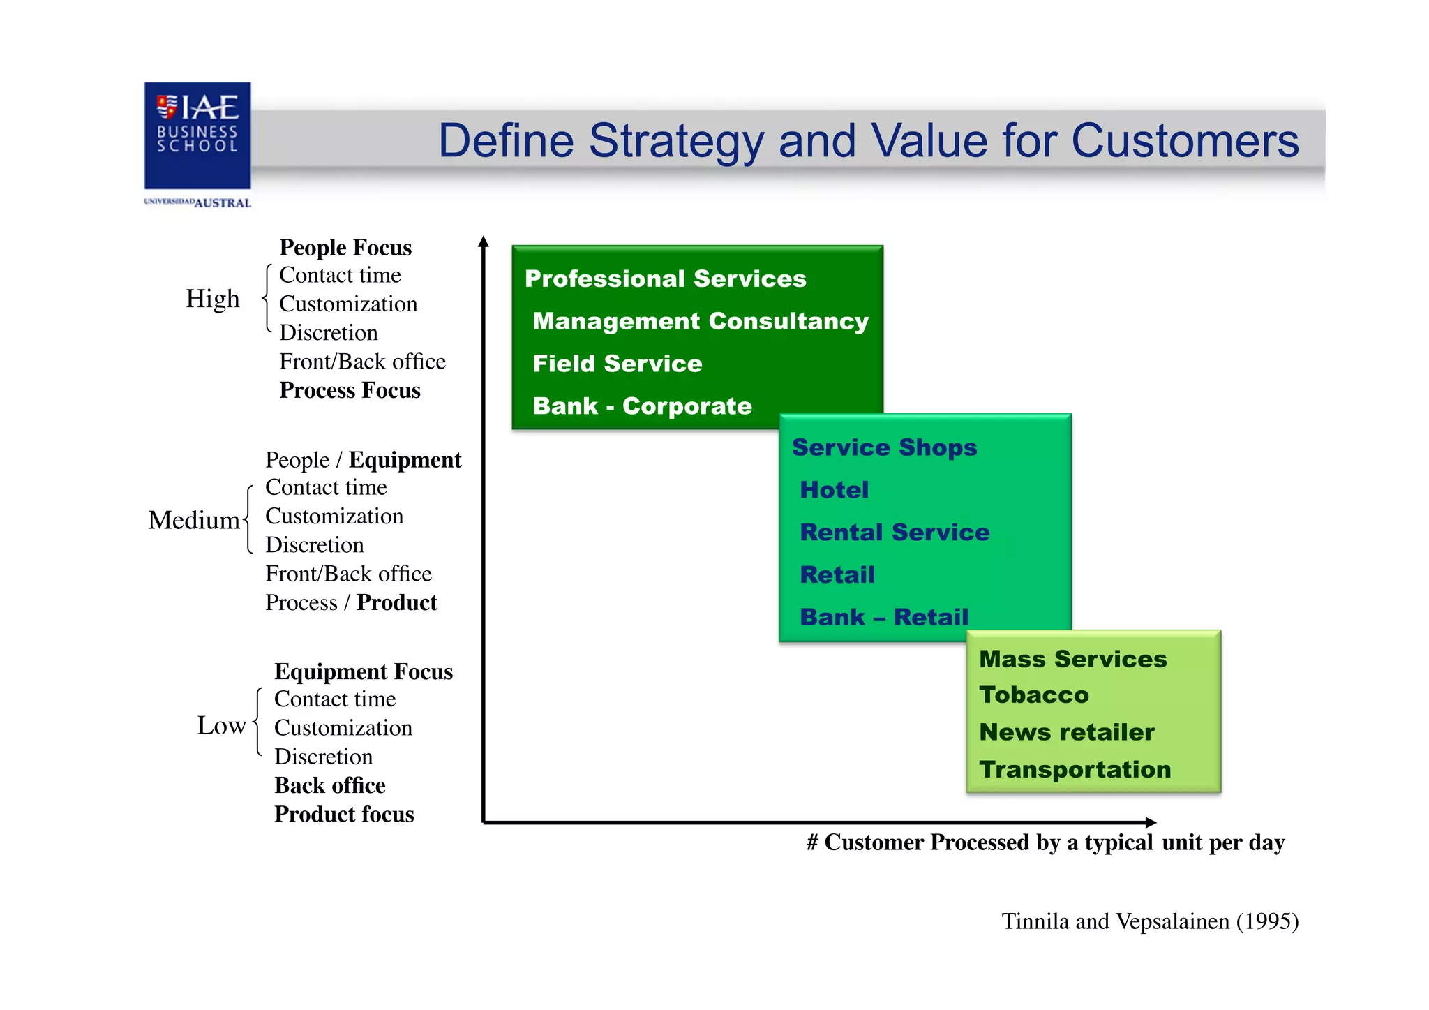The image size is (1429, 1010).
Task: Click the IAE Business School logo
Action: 197,135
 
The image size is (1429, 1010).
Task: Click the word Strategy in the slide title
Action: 676,142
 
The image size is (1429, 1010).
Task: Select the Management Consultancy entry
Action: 701,321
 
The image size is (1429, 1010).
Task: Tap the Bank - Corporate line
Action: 642,406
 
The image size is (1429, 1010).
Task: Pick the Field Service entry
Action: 617,364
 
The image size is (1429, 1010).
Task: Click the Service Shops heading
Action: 884,447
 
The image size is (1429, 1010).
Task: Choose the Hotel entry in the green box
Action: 835,490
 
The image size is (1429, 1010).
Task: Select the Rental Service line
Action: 895,533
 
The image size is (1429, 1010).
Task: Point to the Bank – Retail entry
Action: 884,617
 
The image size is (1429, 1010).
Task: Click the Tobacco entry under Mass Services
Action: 1033,695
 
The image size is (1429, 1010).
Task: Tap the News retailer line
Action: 1067,732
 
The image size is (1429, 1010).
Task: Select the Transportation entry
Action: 1075,769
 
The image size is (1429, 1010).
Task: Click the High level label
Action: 212,299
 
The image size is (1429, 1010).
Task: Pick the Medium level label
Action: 193,521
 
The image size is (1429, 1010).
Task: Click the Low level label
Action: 220,726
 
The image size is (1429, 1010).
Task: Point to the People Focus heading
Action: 345,248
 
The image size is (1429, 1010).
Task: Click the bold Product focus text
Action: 344,815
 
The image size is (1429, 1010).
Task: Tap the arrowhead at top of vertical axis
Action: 484,242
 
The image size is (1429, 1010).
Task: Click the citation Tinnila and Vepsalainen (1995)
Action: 1150,921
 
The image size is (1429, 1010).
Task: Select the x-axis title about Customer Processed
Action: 1045,842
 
